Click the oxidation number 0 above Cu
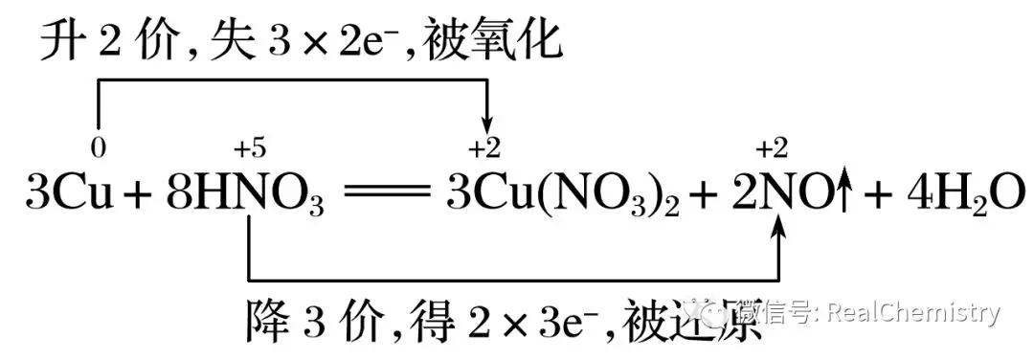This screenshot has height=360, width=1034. [96, 148]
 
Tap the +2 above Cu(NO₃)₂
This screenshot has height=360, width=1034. [484, 148]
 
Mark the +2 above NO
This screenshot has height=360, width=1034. [772, 148]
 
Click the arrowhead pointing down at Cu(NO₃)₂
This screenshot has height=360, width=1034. [487, 124]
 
